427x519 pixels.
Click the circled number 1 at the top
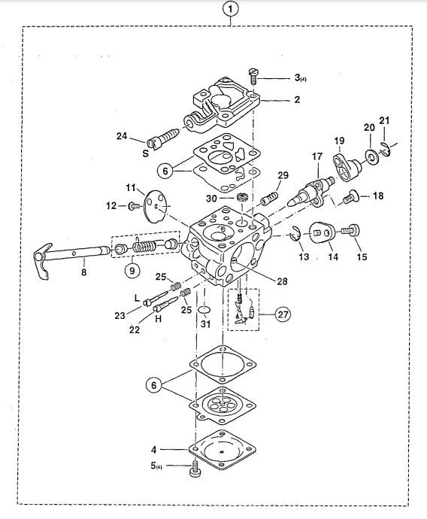230,9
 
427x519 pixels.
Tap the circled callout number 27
283,314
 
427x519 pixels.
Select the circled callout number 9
132,271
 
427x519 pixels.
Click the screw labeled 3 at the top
253,76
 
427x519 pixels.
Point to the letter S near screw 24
146,153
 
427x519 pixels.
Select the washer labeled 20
373,156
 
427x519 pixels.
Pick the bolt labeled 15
350,230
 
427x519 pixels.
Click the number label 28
282,281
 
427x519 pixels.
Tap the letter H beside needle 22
159,319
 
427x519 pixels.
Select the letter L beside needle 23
138,298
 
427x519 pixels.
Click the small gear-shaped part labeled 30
242,199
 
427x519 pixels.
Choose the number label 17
316,156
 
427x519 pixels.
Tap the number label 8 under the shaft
83,272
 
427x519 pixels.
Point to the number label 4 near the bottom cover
154,450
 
